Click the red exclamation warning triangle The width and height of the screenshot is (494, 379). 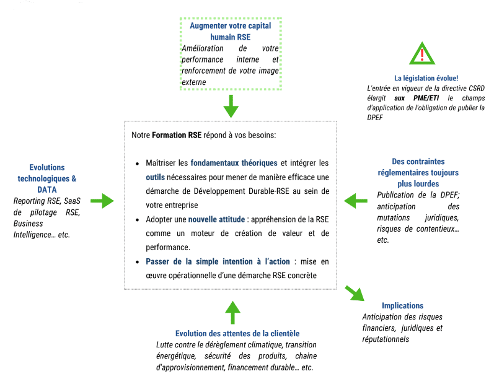(x=422, y=54)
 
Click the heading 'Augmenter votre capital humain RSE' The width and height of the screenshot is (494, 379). (x=231, y=32)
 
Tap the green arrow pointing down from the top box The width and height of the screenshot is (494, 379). (x=231, y=107)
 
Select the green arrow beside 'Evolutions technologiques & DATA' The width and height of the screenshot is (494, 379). (x=102, y=201)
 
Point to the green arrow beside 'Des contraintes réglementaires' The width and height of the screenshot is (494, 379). (x=355, y=200)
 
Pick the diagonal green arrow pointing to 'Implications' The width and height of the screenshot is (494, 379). (x=353, y=292)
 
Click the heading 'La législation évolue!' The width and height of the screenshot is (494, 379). (x=426, y=78)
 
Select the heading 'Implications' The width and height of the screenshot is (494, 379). (x=402, y=306)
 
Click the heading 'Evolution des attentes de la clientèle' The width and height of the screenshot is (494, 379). (x=237, y=334)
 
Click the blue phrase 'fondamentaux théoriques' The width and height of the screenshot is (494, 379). (x=234, y=163)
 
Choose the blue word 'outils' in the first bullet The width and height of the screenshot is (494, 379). (x=155, y=177)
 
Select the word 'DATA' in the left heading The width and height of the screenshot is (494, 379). (x=47, y=189)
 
